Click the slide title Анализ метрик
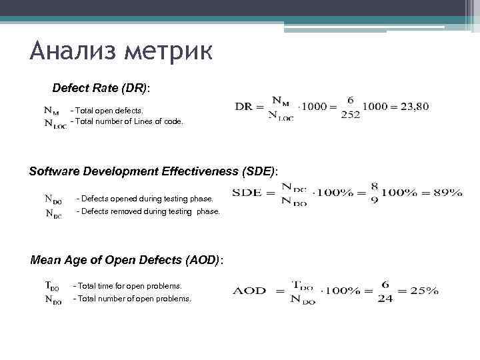121,51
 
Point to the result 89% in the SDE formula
447,193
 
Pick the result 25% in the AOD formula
424,291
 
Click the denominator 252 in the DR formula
350,115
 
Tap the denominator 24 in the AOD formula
385,299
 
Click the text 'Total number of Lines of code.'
127,121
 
